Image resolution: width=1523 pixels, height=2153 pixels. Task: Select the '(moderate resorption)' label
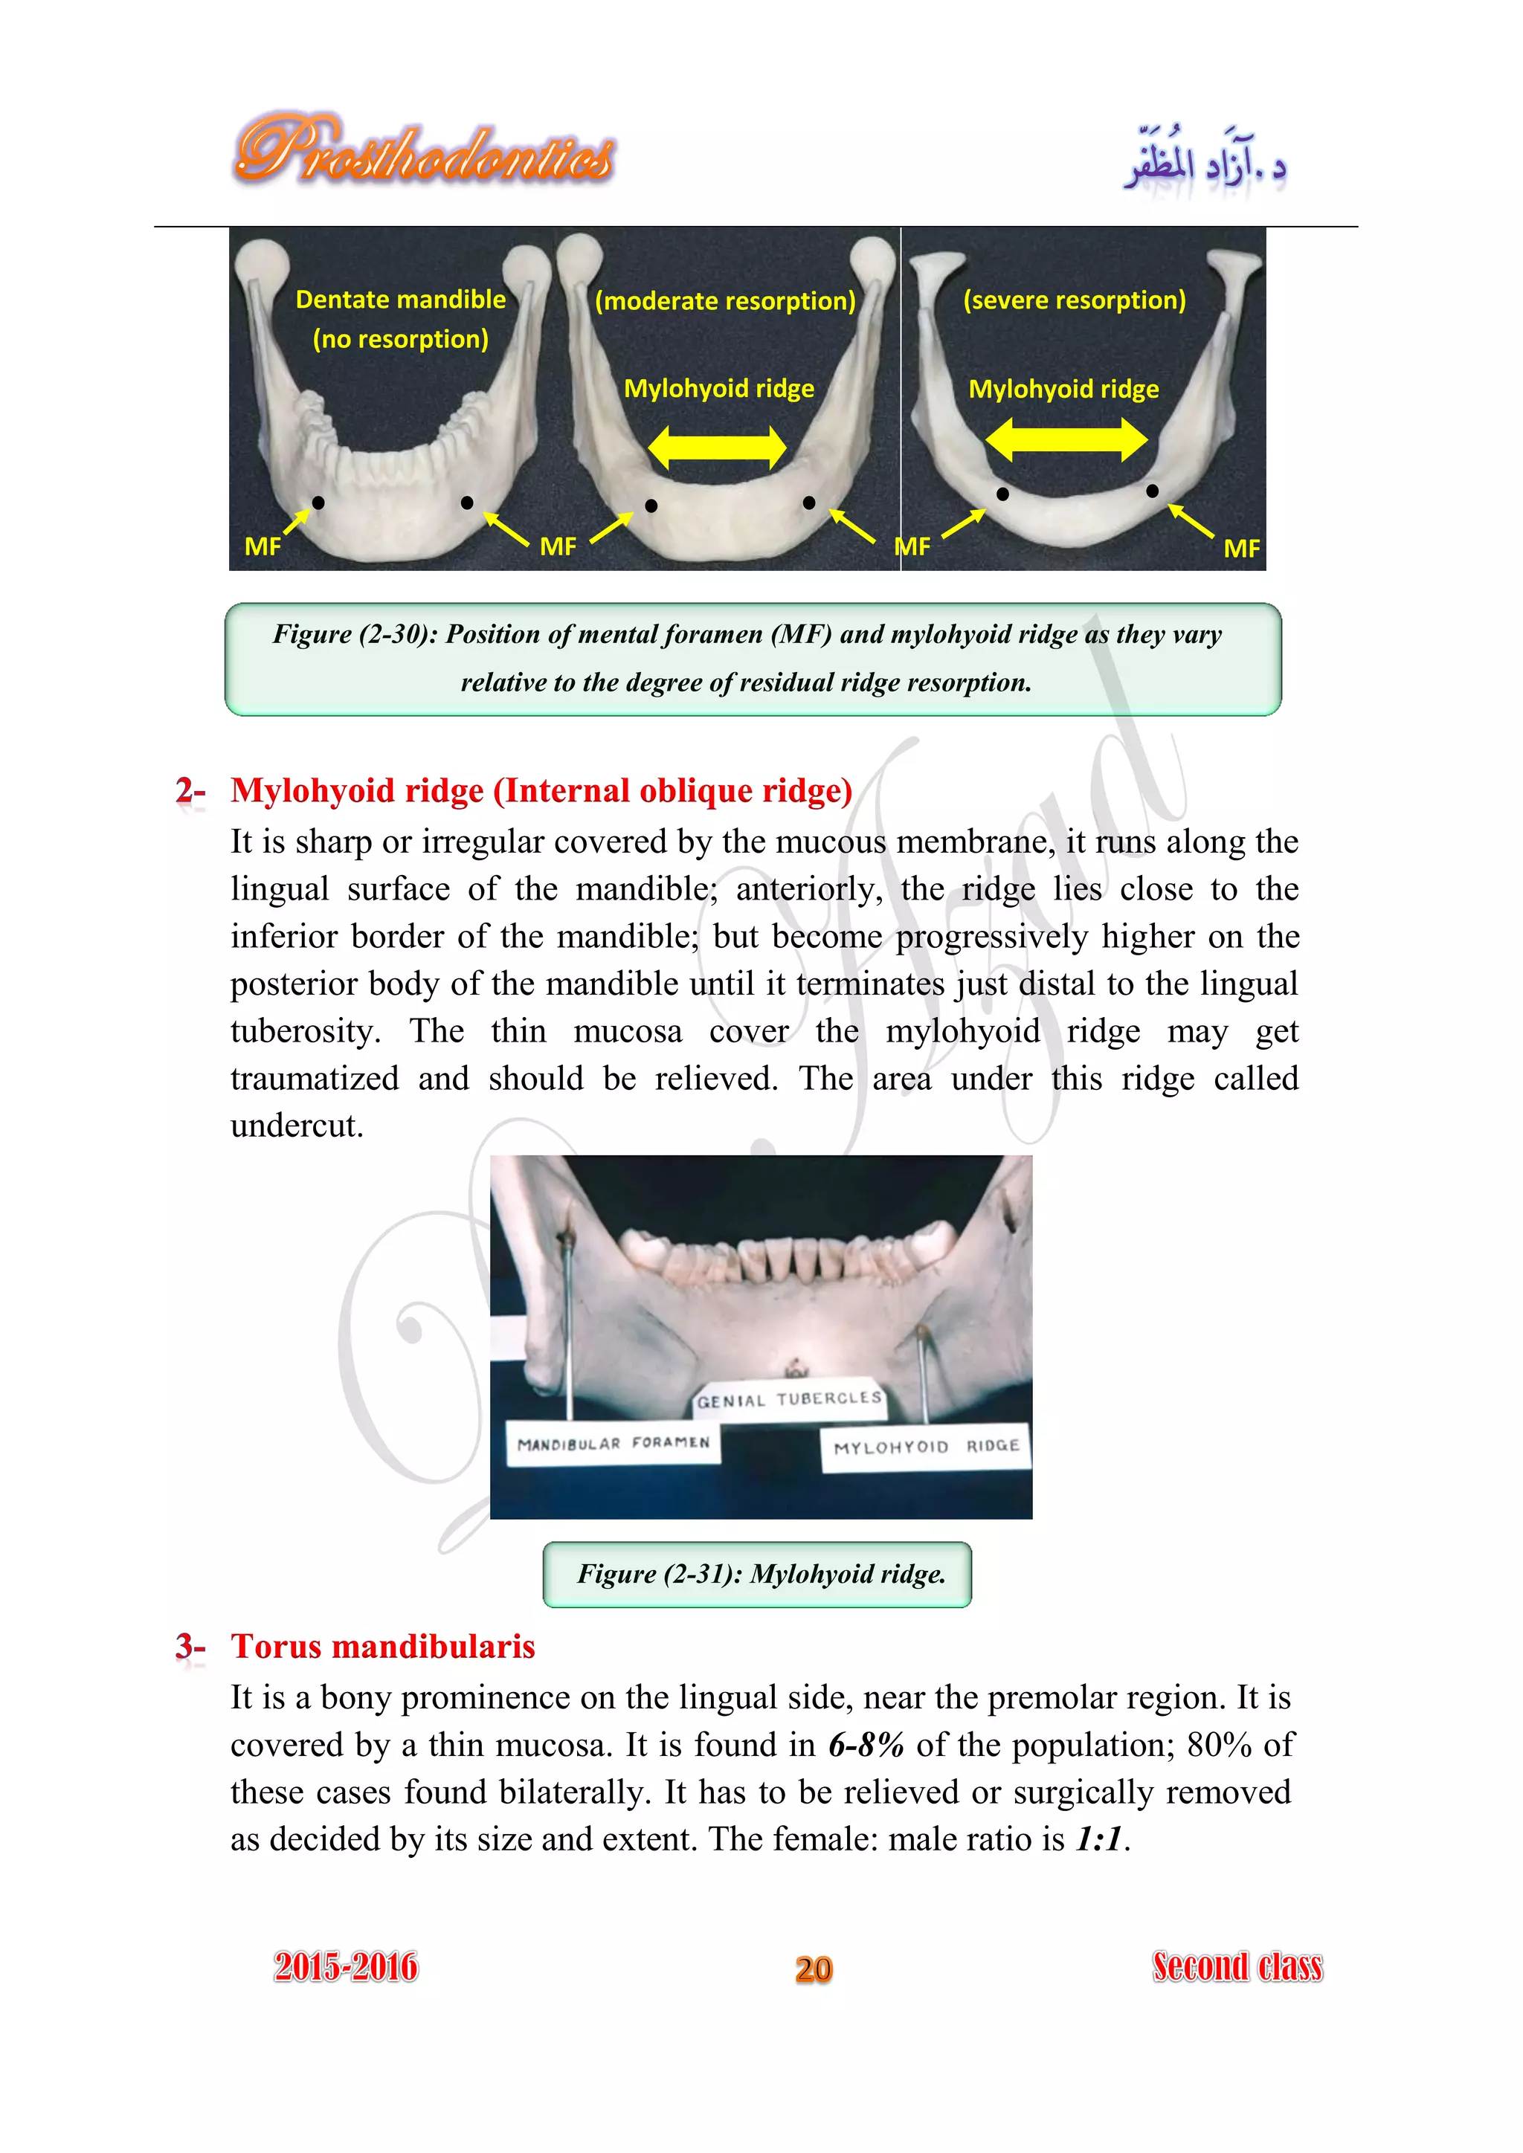click(725, 301)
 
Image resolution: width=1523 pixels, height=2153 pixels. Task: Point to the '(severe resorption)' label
click(1074, 300)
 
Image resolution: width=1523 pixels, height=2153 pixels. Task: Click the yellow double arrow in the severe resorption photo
click(1066, 439)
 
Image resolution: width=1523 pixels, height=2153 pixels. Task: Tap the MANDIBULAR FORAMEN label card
click(614, 1443)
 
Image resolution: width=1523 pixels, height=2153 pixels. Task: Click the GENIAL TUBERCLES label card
click(789, 1400)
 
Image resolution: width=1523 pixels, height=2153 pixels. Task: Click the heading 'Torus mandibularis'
click(383, 1647)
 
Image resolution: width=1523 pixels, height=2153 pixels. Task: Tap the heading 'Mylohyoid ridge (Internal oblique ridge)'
click(541, 790)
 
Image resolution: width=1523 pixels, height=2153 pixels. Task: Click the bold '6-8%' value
click(866, 1745)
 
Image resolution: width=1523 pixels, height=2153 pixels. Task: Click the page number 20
click(813, 1969)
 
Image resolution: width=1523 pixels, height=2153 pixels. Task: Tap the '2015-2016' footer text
click(346, 1966)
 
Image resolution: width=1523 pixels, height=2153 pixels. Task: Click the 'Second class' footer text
click(1237, 1966)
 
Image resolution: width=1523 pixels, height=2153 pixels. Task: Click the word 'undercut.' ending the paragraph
click(297, 1126)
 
